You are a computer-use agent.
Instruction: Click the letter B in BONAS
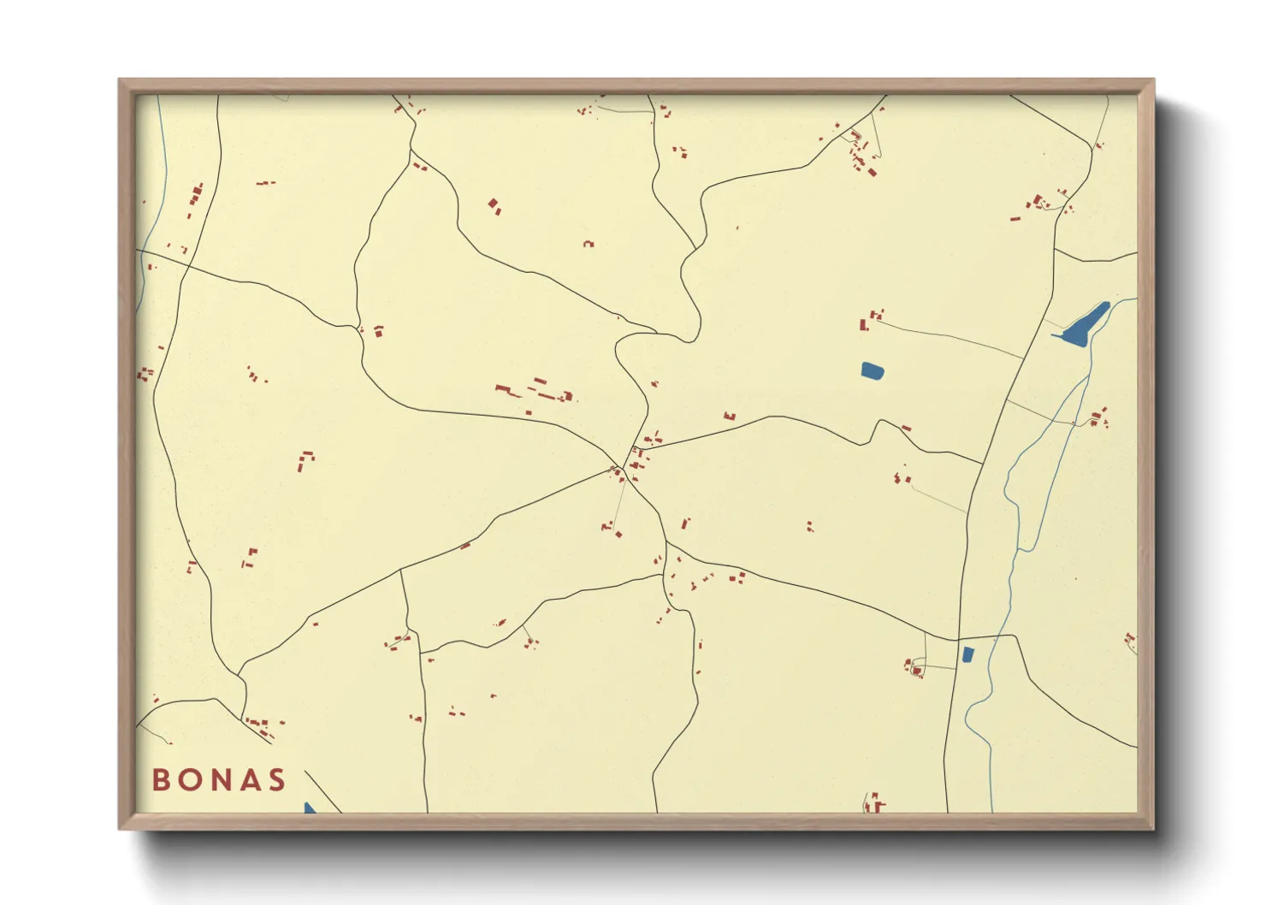coord(160,779)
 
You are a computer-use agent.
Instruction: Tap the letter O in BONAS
coord(189,779)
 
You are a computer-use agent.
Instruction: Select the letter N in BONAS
coord(220,779)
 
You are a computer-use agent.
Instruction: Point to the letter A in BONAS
coord(249,779)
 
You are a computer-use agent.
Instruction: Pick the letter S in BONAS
coord(276,779)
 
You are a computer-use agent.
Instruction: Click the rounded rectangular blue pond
coord(873,370)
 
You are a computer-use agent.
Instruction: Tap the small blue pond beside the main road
coord(967,654)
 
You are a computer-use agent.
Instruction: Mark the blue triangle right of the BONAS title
coord(310,807)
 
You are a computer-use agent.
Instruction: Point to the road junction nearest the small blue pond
coord(957,639)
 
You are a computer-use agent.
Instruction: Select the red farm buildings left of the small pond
coord(914,667)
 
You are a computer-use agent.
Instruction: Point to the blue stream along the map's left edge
coord(141,274)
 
